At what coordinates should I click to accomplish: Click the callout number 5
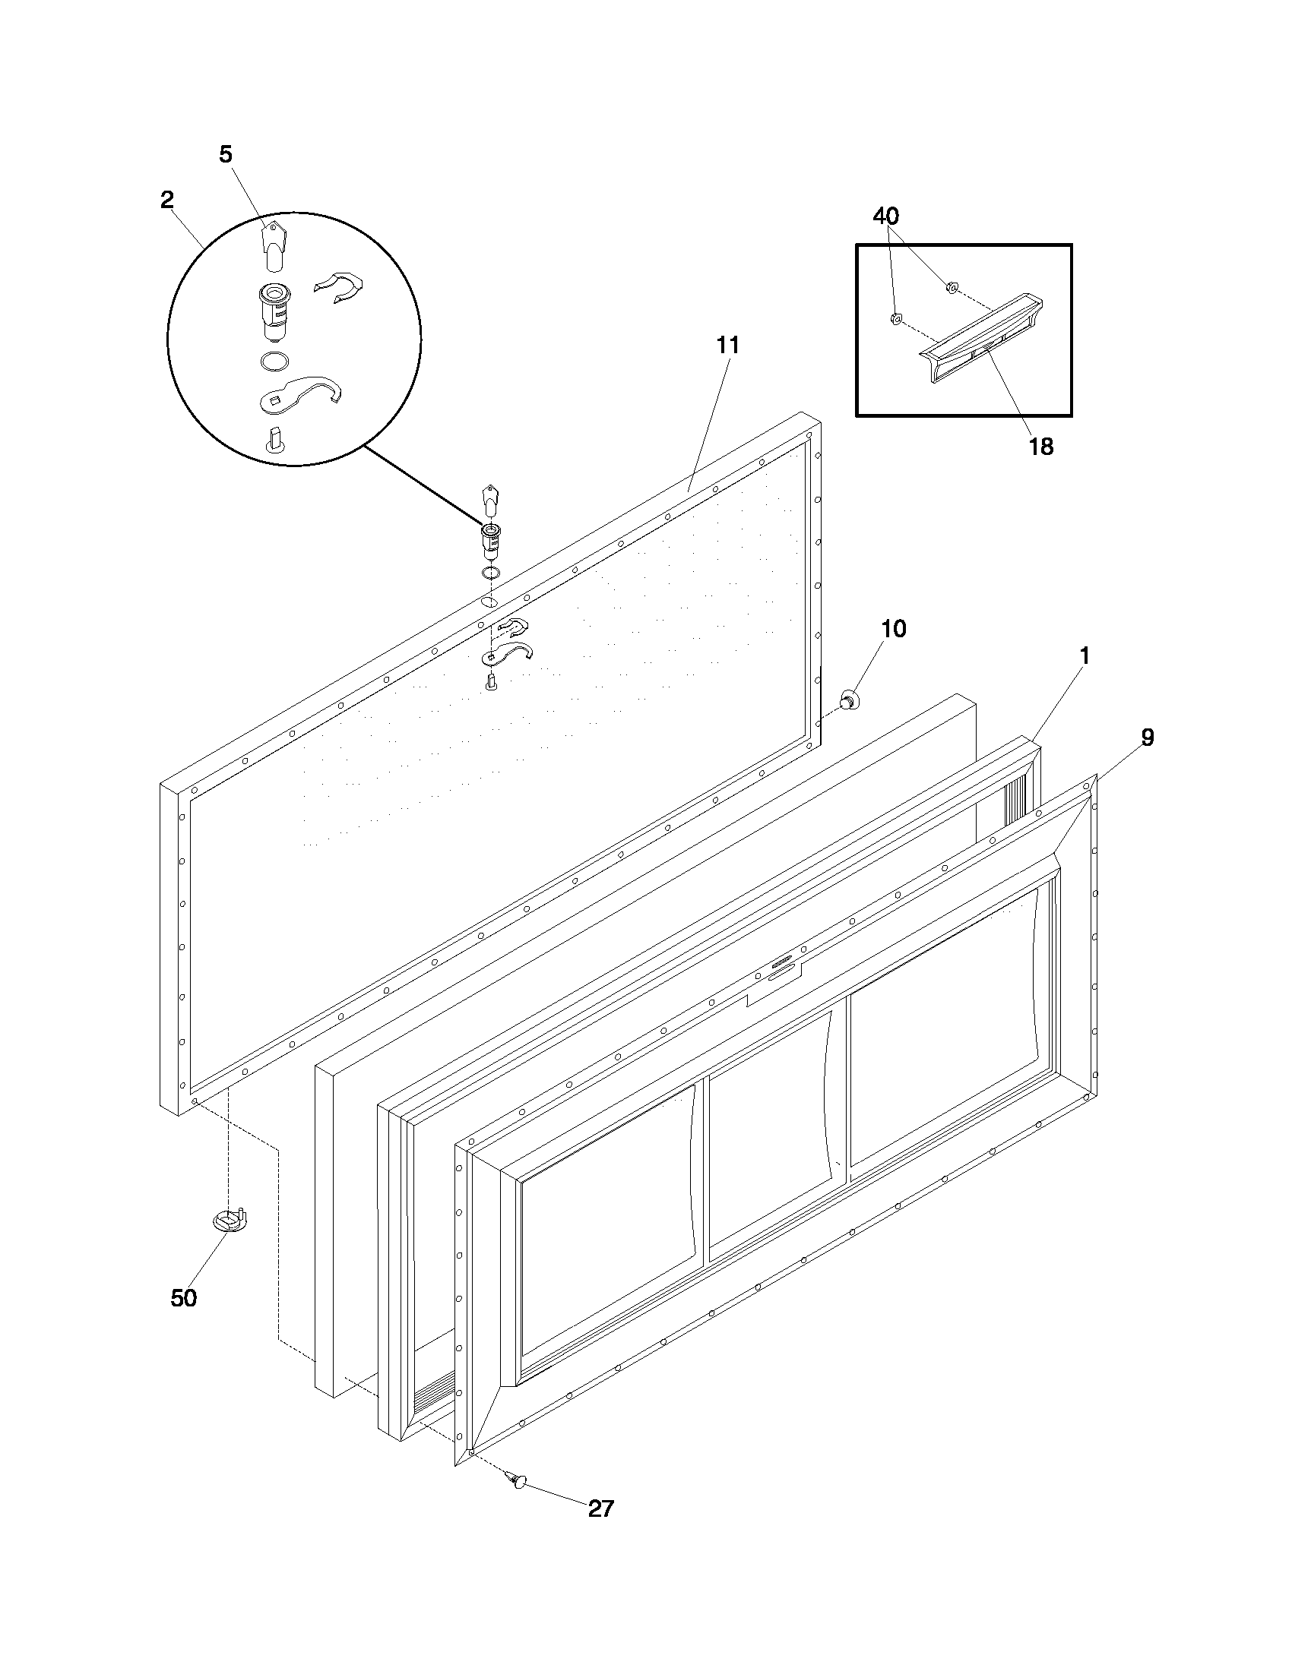[x=225, y=154]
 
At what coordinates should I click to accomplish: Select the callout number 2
[x=167, y=201]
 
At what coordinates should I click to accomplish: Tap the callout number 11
[x=728, y=346]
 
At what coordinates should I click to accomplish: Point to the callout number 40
[x=885, y=216]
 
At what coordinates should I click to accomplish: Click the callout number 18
[x=1041, y=447]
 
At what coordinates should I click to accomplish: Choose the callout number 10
[x=893, y=629]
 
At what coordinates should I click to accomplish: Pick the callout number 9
[x=1147, y=738]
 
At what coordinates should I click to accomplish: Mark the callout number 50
[x=184, y=1297]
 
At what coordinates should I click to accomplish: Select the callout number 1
[x=1084, y=655]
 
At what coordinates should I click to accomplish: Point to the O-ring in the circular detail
[x=275, y=361]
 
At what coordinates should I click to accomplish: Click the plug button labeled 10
[x=848, y=699]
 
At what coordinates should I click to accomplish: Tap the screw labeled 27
[x=518, y=1480]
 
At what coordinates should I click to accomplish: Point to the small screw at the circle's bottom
[x=275, y=439]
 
